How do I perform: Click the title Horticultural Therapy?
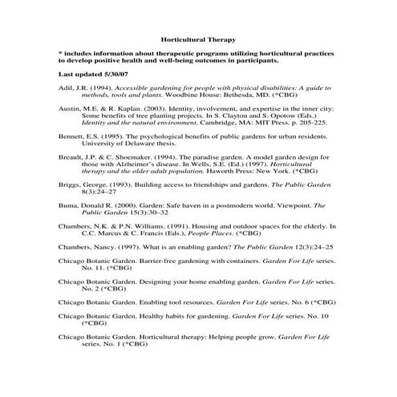click(197, 38)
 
